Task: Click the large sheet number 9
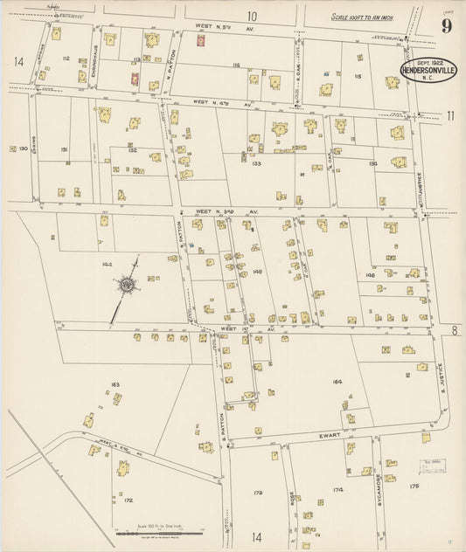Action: pos(446,25)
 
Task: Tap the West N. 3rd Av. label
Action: pos(215,211)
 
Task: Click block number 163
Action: pos(114,384)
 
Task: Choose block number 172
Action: pos(128,500)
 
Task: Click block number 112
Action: pos(66,59)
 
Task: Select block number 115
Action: pos(357,77)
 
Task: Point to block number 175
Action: pos(414,486)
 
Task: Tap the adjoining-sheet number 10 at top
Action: pos(252,16)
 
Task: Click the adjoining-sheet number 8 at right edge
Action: pos(455,329)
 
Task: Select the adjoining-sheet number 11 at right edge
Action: pos(451,115)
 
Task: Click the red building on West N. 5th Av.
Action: pos(201,40)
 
